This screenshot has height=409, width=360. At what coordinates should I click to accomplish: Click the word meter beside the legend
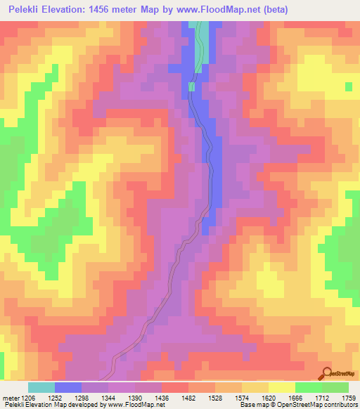(10, 398)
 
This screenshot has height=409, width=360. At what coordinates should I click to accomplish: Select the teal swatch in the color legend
(41, 387)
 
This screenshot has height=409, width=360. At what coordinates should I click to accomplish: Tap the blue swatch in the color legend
(68, 387)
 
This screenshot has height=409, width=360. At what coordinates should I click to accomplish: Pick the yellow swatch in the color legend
(282, 387)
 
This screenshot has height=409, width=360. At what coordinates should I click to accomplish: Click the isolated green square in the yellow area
(349, 86)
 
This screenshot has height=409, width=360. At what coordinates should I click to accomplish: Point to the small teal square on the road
(191, 86)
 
